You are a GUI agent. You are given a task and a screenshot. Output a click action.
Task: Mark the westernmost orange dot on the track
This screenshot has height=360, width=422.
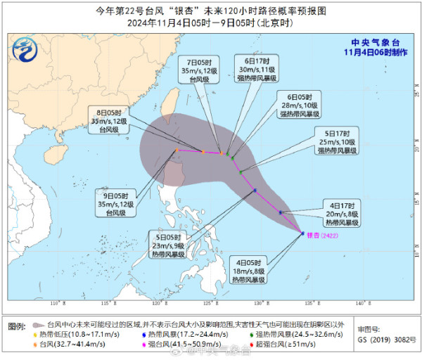[177, 150]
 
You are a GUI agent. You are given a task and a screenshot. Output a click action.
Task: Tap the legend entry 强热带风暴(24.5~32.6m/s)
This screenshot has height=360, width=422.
[309, 336]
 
